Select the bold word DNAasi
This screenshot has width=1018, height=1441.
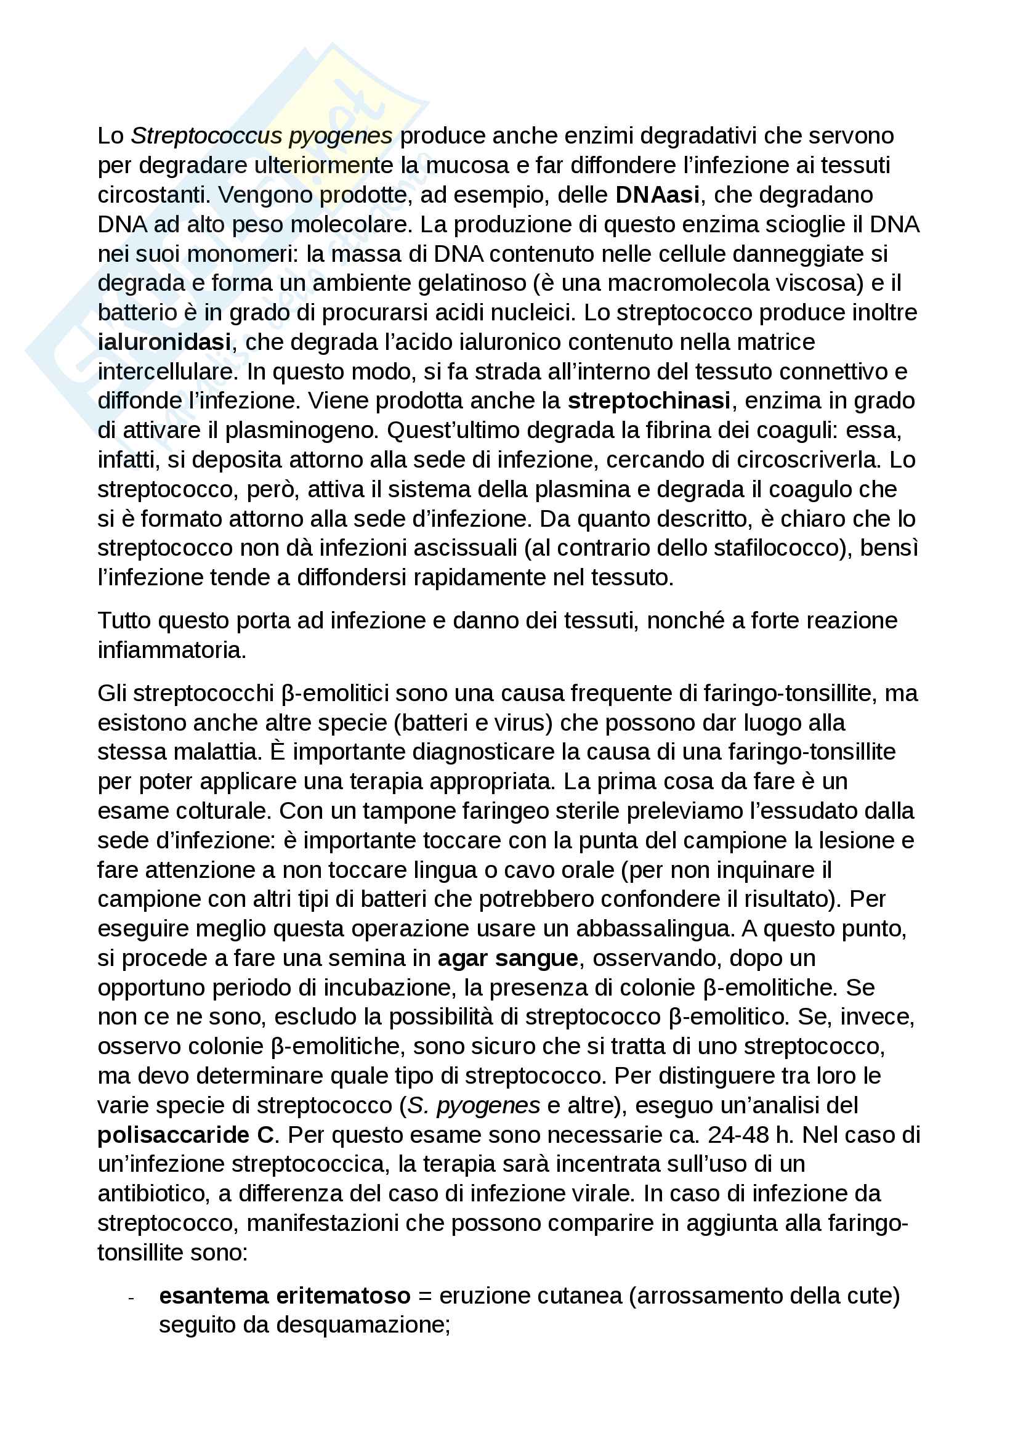pyautogui.click(x=656, y=195)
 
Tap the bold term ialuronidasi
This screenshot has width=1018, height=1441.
pyautogui.click(x=164, y=342)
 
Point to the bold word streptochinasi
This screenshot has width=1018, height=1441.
pyautogui.click(x=648, y=400)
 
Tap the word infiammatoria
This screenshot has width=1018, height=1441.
pyautogui.click(x=172, y=650)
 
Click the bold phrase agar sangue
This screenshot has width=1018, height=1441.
pyautogui.click(x=507, y=958)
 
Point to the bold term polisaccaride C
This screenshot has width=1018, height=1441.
pyautogui.click(x=186, y=1135)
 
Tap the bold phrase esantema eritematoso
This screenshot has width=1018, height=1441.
pyautogui.click(x=285, y=1296)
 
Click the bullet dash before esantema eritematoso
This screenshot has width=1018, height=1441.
pyautogui.click(x=132, y=1298)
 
